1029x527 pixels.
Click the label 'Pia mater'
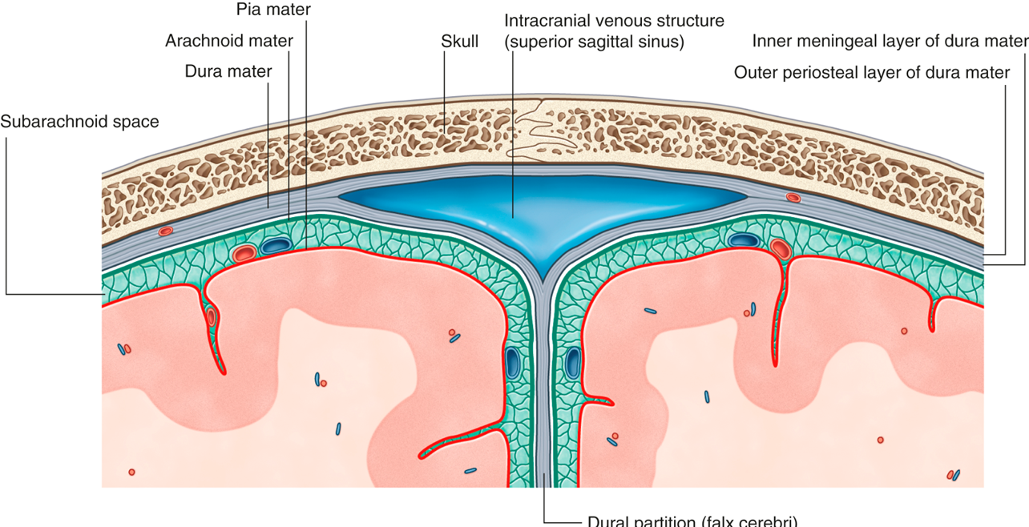click(273, 10)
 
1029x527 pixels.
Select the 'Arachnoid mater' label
click(229, 40)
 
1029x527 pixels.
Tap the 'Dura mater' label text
click(228, 71)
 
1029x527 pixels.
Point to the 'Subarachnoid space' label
click(79, 122)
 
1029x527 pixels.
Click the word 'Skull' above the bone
click(460, 41)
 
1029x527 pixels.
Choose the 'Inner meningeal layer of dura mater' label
click(890, 41)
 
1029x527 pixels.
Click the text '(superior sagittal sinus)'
click(594, 42)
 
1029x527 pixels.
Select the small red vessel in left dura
click(165, 231)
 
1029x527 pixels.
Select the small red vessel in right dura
click(793, 197)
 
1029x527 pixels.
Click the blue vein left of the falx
click(512, 363)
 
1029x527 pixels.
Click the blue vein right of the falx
click(574, 363)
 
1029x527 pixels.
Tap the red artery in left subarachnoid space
click(244, 254)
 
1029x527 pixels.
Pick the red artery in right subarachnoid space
click(781, 248)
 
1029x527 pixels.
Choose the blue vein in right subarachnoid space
click(744, 239)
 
